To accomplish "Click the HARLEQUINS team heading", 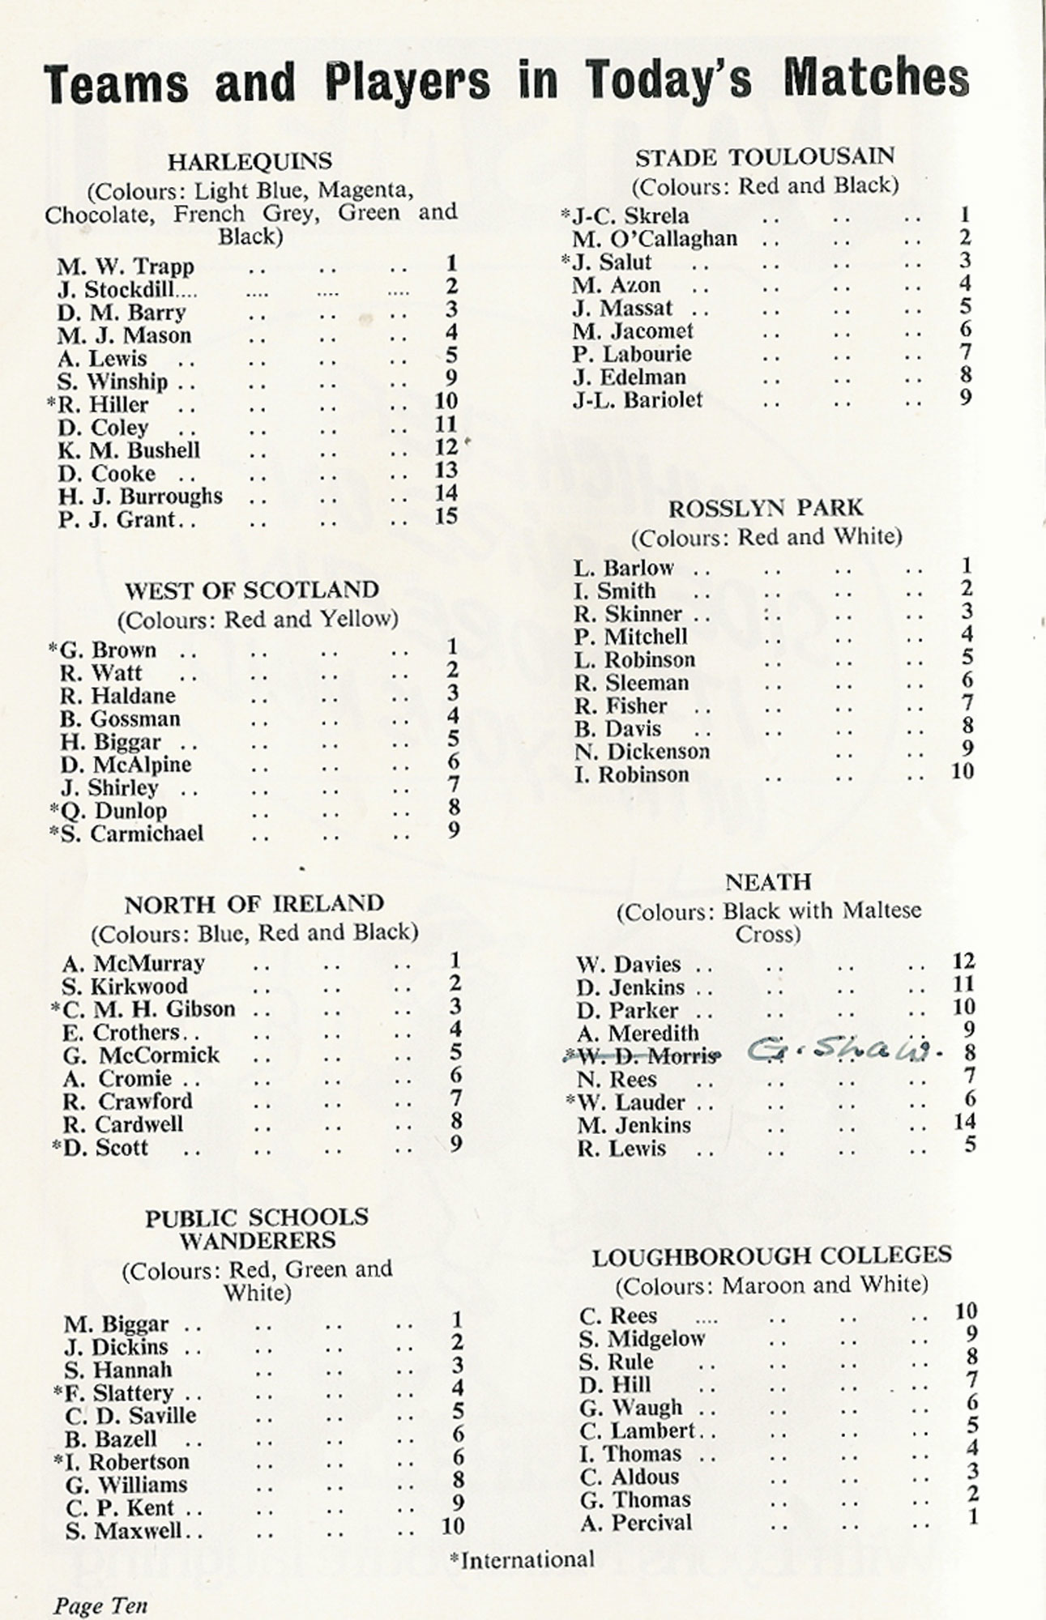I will (250, 162).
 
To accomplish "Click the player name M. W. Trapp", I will (126, 266).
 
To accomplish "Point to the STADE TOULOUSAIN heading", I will (764, 157).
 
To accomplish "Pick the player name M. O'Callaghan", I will (655, 239).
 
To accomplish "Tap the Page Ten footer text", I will (100, 1605).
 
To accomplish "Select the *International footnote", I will (523, 1559).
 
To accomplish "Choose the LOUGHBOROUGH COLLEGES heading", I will (771, 1257).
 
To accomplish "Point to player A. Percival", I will (636, 1523).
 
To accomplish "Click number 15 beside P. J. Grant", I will (446, 516).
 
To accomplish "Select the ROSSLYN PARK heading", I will (766, 509).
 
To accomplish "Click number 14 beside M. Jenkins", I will (964, 1122).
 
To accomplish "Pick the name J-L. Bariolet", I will (638, 399).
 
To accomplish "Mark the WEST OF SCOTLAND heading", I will (252, 590).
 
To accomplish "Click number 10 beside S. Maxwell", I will (453, 1526).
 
